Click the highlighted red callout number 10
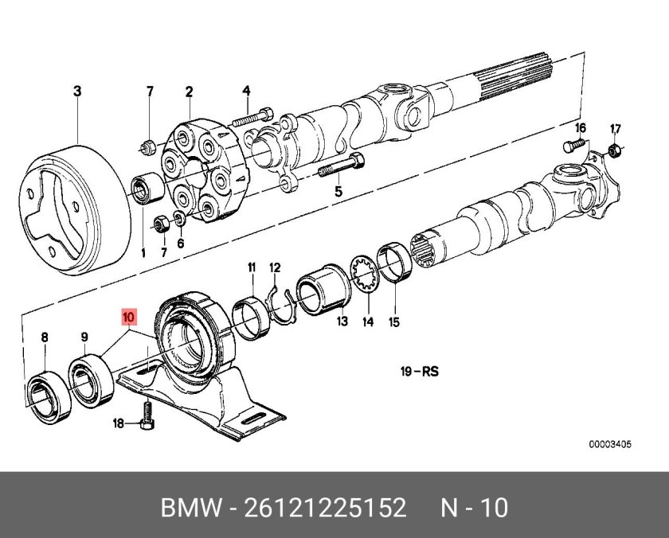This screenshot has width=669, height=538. click(x=128, y=318)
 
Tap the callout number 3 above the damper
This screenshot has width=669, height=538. click(x=77, y=91)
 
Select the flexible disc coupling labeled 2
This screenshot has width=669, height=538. click(x=204, y=170)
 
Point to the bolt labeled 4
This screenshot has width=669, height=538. click(x=252, y=116)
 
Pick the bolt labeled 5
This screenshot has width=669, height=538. click(x=341, y=166)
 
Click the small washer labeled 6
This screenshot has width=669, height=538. click(x=180, y=218)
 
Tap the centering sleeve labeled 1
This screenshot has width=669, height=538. click(x=147, y=189)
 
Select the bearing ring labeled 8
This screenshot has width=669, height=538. click(x=49, y=397)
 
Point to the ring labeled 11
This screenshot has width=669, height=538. click(x=252, y=318)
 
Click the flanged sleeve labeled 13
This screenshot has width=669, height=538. click(x=324, y=290)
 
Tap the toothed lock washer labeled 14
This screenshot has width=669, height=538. click(x=365, y=274)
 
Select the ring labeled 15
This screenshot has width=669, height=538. click(x=395, y=262)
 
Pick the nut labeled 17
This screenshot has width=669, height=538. click(x=613, y=150)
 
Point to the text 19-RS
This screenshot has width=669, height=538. click(x=420, y=372)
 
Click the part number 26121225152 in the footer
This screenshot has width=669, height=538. click(x=325, y=508)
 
